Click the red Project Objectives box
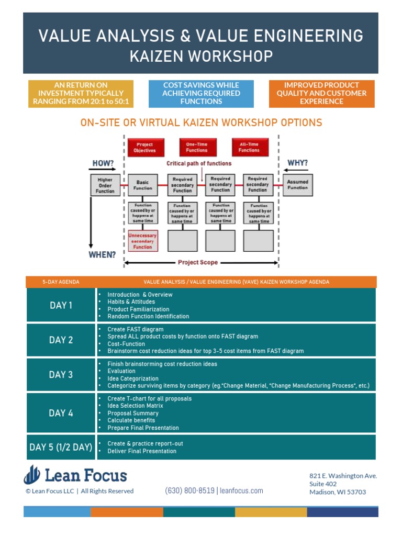pos(146,147)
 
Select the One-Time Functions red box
pos(197,147)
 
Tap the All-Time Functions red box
pos(250,147)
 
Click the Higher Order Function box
pos(105,185)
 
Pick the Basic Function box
pos(142,185)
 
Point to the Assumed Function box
pos(297,185)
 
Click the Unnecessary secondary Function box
pos(142,241)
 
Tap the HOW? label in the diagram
pos(103,163)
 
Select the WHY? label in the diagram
pos(297,163)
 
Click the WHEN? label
pos(102,255)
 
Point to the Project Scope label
pos(198,263)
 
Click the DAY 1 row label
pos(61,305)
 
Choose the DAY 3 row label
pos(61,375)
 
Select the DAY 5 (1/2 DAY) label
pos(61,447)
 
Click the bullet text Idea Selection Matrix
pos(135,406)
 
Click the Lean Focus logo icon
pos(32,474)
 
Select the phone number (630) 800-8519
pos(189,491)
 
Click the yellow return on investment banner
pos(81,94)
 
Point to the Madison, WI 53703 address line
pos(338,492)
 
